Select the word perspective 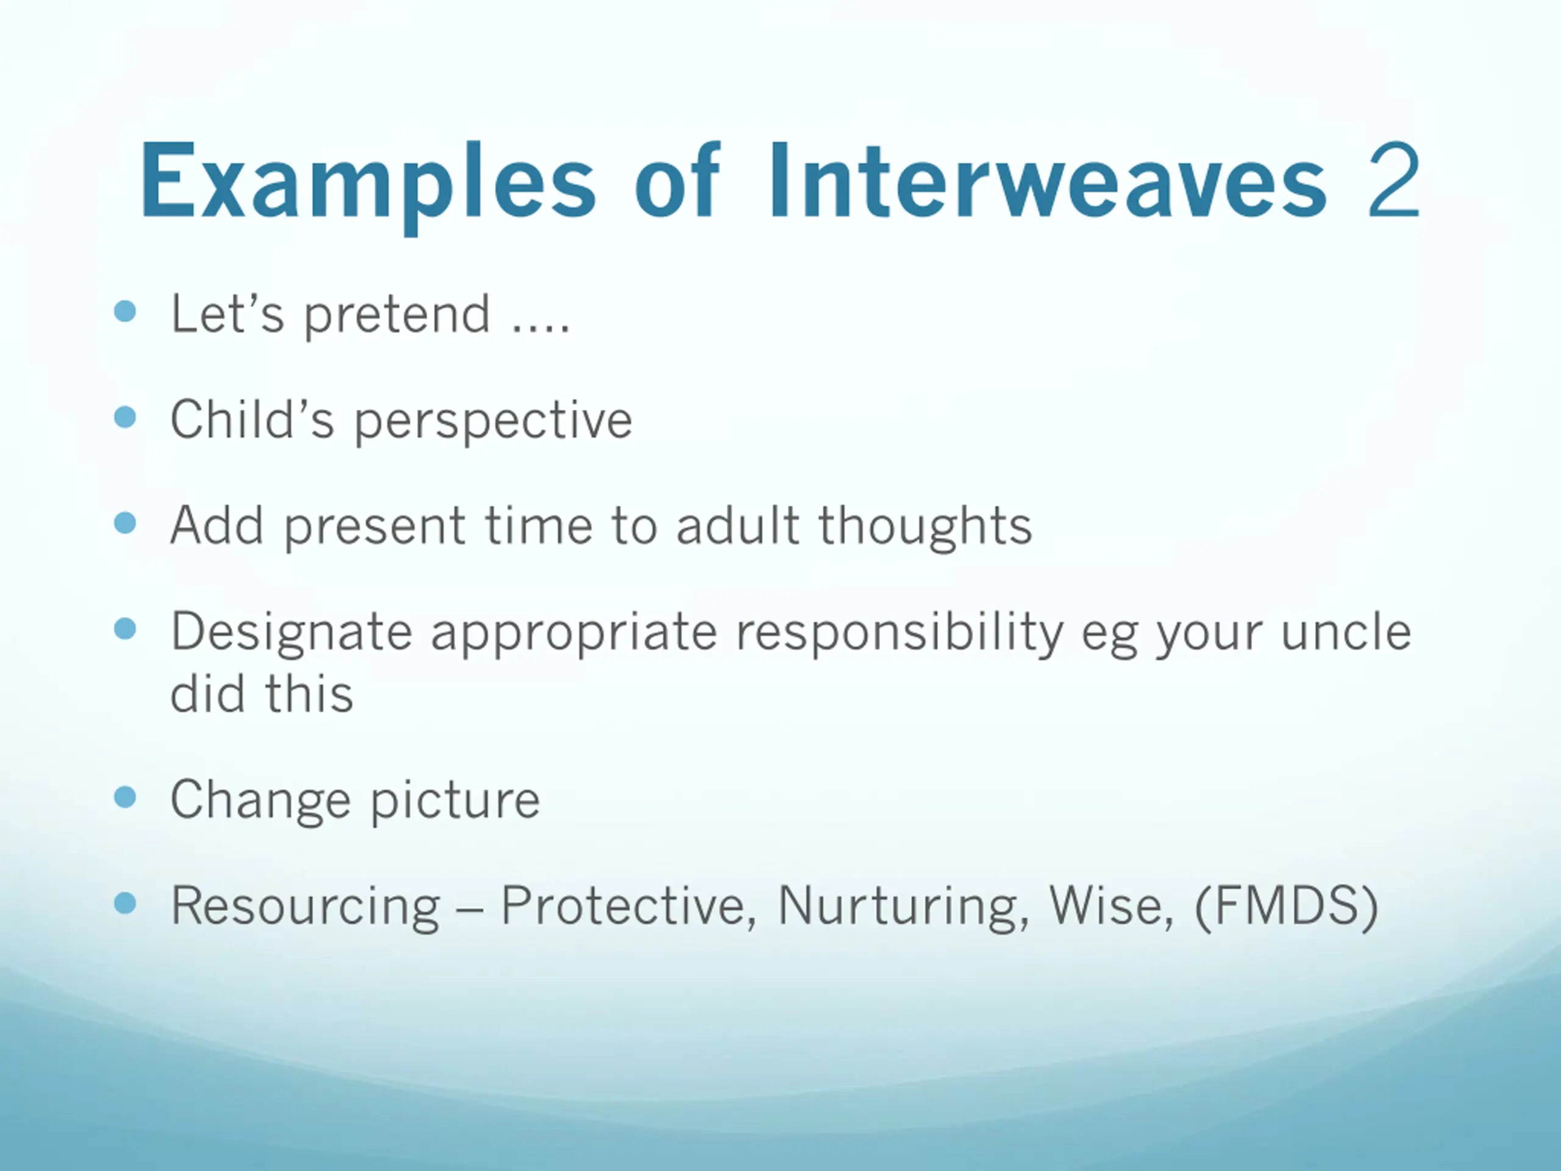[493, 422]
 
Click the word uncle [1346, 631]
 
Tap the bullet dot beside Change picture [125, 797]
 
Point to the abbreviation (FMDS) [1286, 906]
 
